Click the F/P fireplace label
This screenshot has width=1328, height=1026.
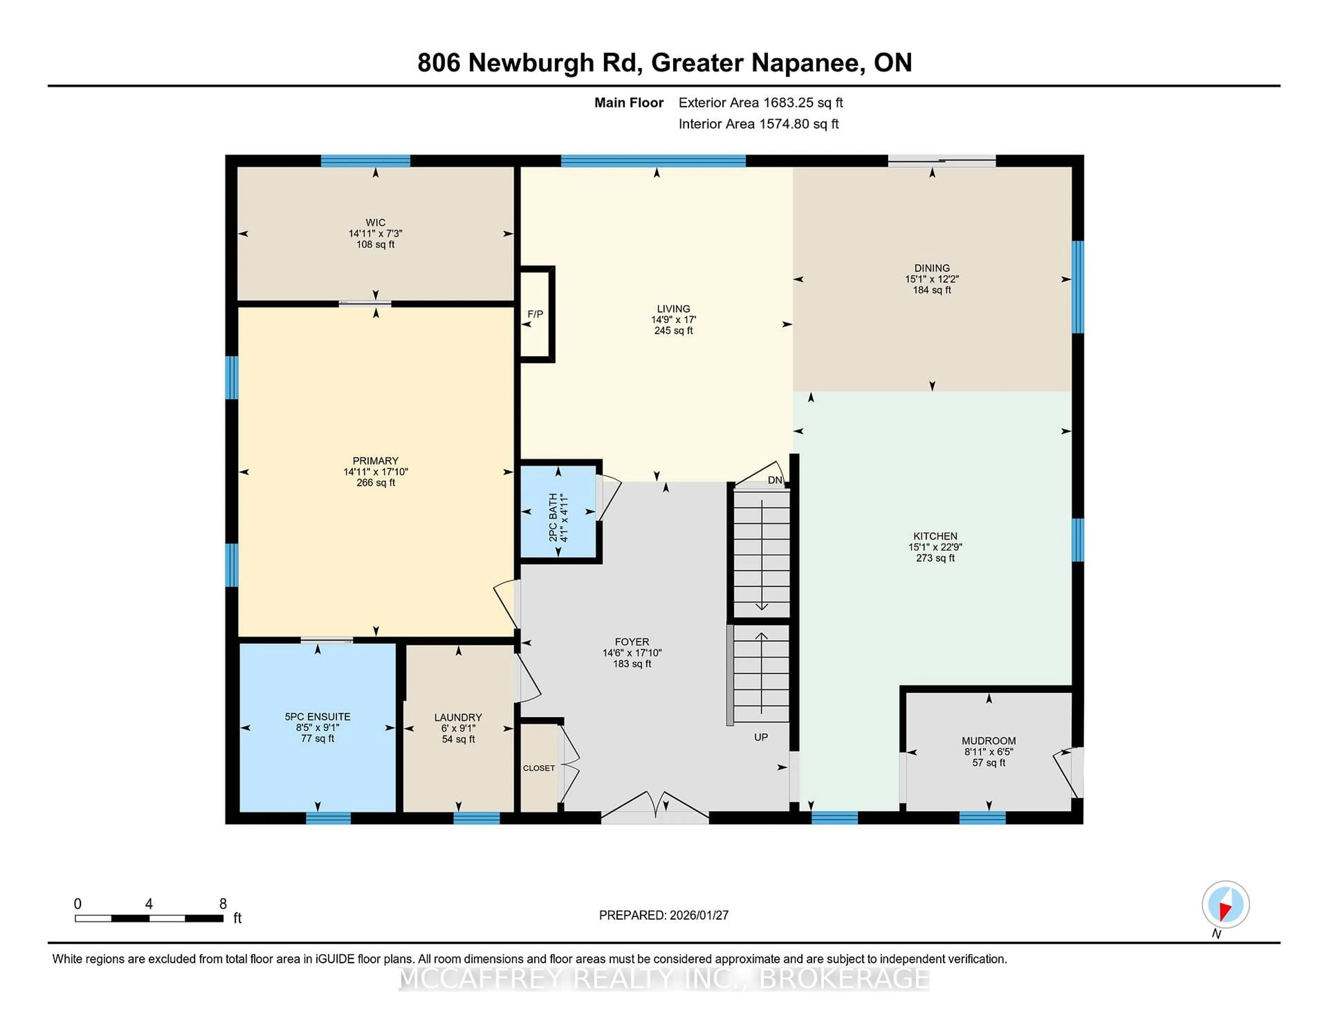click(x=535, y=314)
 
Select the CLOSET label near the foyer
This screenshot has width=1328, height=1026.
click(x=539, y=768)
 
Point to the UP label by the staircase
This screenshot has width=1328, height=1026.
click(x=761, y=737)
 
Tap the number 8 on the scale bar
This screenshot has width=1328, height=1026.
click(x=223, y=904)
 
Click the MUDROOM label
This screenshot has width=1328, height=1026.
click(x=989, y=741)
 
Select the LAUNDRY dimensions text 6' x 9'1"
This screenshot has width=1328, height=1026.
click(x=458, y=728)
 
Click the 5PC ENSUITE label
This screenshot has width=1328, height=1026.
click(x=317, y=717)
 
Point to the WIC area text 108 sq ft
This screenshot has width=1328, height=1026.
click(x=375, y=244)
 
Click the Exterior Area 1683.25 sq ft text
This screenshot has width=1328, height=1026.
click(x=761, y=103)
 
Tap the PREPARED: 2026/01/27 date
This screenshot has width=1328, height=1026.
click(x=663, y=915)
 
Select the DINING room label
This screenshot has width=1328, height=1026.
click(x=932, y=268)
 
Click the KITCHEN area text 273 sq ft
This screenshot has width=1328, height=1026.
click(x=935, y=558)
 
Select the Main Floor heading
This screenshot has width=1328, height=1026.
click(x=629, y=103)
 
